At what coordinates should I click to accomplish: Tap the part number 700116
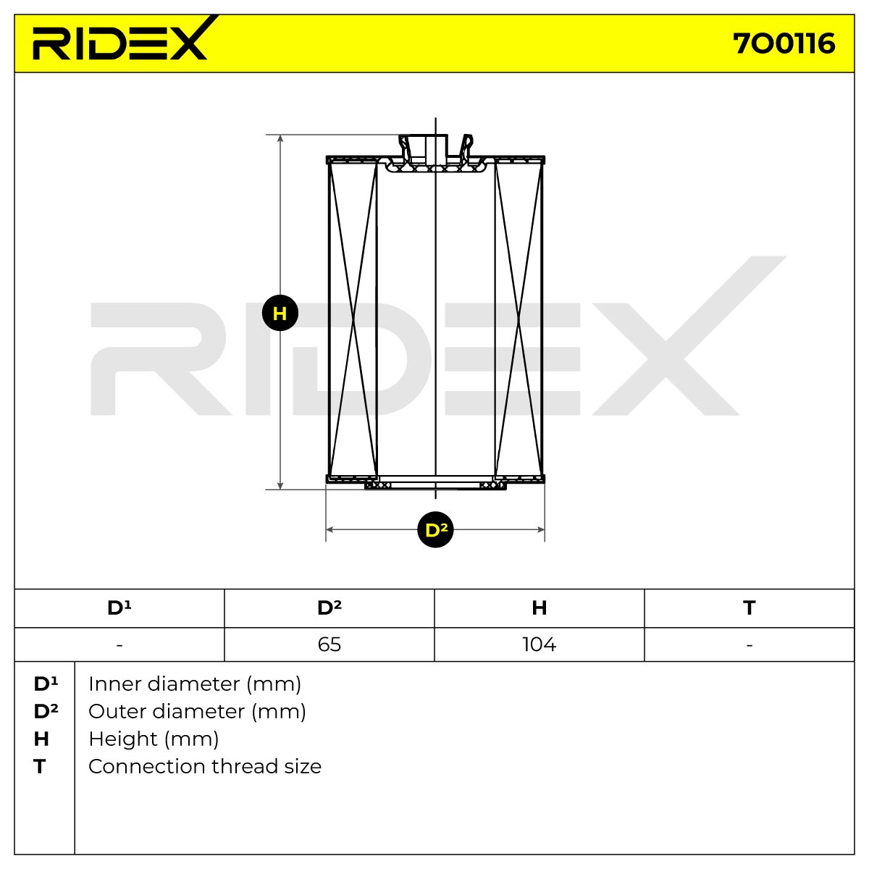coord(784,43)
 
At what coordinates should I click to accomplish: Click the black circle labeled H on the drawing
coord(280,313)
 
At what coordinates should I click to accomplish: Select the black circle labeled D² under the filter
coord(435,529)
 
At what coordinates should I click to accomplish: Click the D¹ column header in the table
coord(119,608)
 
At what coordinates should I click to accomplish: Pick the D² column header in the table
coord(329,608)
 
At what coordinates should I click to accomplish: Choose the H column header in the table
coord(540,608)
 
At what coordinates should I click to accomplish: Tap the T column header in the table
coord(749,608)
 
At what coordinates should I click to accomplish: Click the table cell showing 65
coord(329,645)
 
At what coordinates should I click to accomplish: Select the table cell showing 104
coord(540,645)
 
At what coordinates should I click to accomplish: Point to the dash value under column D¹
coord(119,645)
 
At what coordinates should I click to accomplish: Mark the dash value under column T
coord(749,645)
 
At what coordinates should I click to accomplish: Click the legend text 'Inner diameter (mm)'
coord(195,684)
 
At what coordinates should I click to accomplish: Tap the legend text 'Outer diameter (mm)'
coord(198,712)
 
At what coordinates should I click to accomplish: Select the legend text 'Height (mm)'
coord(154,739)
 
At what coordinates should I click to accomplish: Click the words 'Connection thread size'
coord(205,767)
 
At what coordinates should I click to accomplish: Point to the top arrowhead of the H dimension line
coord(280,138)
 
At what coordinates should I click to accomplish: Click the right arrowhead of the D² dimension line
coord(541,529)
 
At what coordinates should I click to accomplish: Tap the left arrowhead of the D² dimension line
coord(329,529)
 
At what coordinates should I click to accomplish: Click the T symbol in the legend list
coord(40,767)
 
